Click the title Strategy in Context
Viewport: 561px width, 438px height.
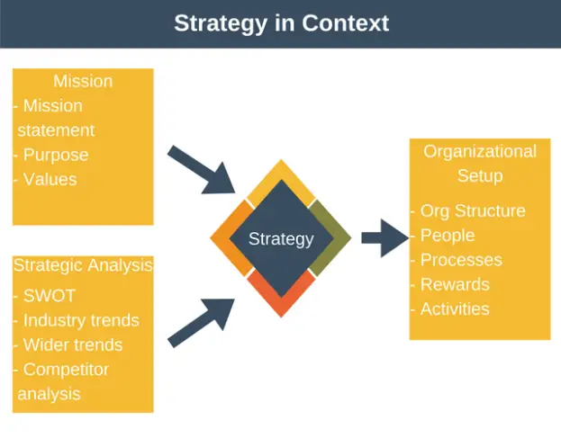click(x=281, y=23)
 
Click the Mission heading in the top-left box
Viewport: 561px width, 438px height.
click(x=83, y=82)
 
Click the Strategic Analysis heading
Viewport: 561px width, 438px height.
click(x=83, y=265)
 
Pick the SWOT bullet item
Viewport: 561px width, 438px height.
click(x=49, y=296)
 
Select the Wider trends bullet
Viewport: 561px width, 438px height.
click(x=72, y=344)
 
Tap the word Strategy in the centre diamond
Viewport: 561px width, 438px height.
click(x=281, y=238)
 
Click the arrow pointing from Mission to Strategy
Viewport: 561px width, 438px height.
click(x=203, y=170)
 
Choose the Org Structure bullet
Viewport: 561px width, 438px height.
click(x=472, y=211)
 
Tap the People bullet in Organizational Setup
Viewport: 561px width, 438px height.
click(x=447, y=236)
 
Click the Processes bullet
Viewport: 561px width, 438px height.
click(x=460, y=260)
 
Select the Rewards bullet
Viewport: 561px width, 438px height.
click(x=454, y=284)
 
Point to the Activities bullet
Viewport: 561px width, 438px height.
click(x=454, y=308)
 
